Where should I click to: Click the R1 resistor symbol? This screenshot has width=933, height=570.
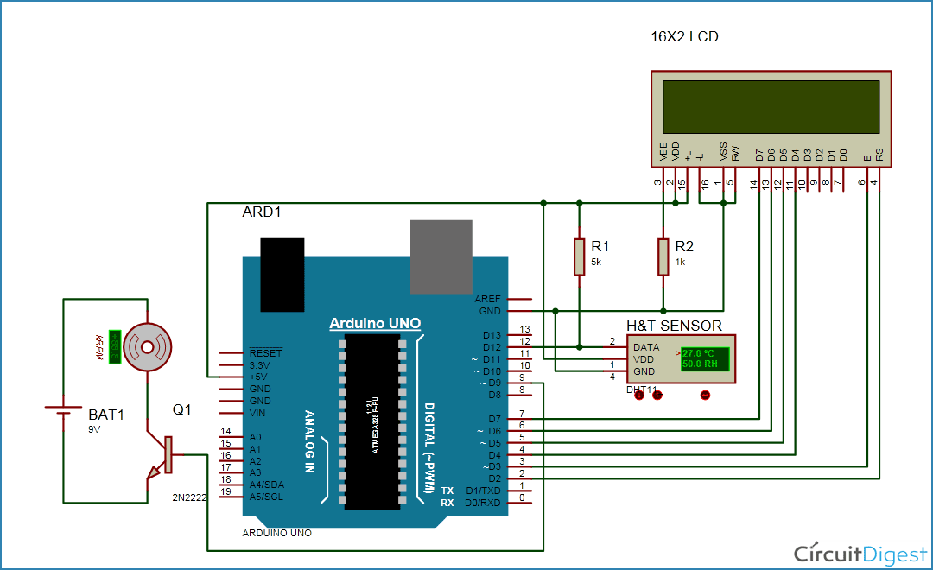coord(579,256)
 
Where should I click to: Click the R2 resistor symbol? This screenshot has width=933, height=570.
coord(663,256)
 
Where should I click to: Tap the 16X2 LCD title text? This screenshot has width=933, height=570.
coord(684,37)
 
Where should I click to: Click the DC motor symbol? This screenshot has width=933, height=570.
coord(146,346)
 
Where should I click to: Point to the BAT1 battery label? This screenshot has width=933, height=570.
coord(106,415)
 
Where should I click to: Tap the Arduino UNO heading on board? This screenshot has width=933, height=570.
coord(375,324)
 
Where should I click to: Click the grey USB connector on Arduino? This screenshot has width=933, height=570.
coord(441,256)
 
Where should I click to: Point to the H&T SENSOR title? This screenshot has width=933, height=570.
coord(674,326)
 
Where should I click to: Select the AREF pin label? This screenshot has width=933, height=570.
coord(487,298)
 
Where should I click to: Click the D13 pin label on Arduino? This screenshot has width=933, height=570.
coord(492,335)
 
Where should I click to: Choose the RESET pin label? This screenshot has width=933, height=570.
coord(265,353)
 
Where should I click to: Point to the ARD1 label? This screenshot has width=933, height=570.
coord(262,212)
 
